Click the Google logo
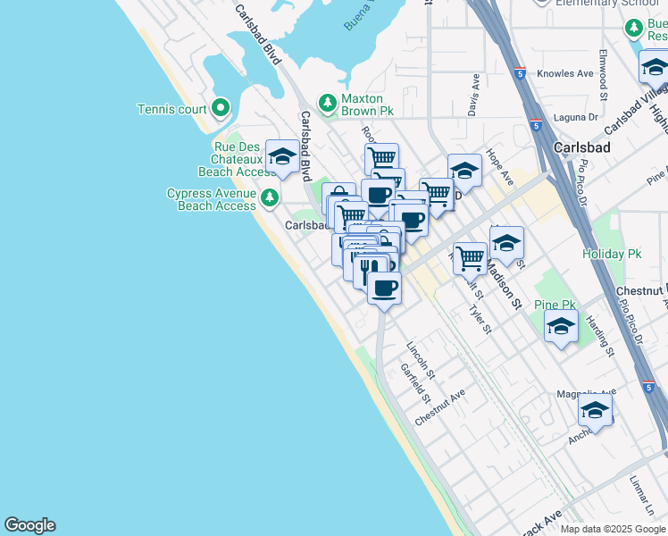[29, 525]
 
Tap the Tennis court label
[171, 110]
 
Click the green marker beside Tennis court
[221, 110]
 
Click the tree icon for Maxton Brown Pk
[328, 105]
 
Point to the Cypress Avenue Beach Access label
[211, 199]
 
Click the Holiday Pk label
[612, 254]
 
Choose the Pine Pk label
[555, 305]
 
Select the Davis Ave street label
[473, 94]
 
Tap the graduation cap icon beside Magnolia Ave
[595, 411]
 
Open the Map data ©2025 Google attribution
[614, 529]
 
